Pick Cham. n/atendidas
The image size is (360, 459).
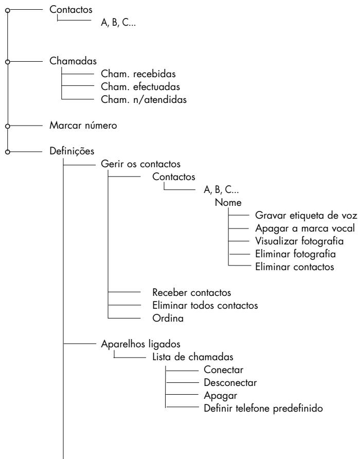136,100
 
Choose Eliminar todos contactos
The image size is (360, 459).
205,306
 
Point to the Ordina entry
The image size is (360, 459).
167,319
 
